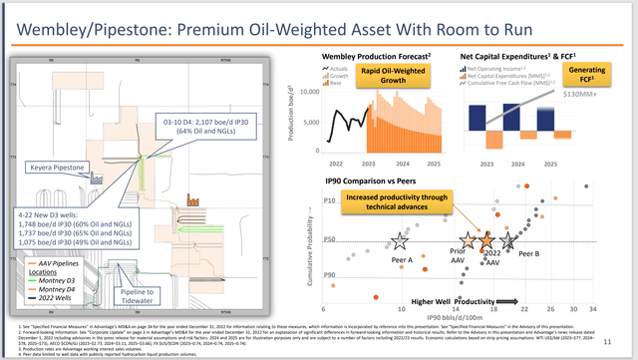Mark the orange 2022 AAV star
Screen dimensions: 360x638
485,241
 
